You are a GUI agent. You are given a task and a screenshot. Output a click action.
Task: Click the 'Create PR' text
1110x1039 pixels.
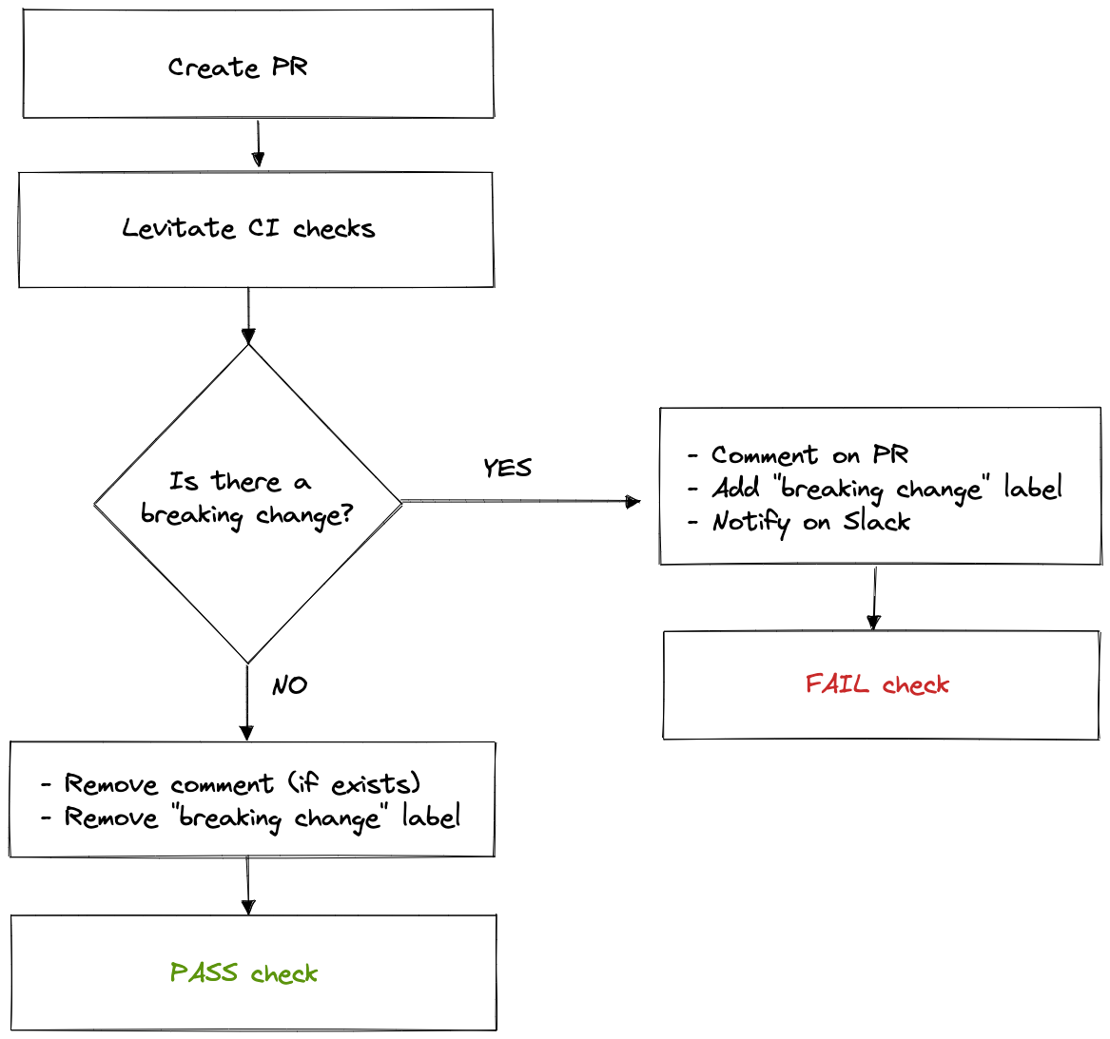pyautogui.click(x=238, y=67)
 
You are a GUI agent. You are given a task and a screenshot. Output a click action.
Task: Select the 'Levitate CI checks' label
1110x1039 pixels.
pyautogui.click(x=248, y=229)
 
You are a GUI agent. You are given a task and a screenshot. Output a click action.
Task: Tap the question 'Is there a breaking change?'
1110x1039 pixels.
pyautogui.click(x=246, y=499)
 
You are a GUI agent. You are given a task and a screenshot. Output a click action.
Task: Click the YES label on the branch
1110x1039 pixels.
pyautogui.click(x=507, y=468)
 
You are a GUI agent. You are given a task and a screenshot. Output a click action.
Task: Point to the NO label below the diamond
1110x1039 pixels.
pyautogui.click(x=289, y=685)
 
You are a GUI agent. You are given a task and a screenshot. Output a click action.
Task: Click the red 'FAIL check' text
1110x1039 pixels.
pyautogui.click(x=877, y=684)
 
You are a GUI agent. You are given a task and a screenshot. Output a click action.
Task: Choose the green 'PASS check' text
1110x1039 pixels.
pyautogui.click(x=243, y=973)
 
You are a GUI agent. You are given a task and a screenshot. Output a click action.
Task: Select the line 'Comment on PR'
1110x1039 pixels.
pyautogui.click(x=808, y=455)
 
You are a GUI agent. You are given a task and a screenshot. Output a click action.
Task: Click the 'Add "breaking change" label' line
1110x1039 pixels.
pyautogui.click(x=886, y=489)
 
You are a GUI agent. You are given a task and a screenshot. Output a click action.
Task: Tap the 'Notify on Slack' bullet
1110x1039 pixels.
pyautogui.click(x=810, y=522)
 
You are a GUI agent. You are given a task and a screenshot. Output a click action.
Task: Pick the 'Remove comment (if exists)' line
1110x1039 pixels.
pyautogui.click(x=242, y=784)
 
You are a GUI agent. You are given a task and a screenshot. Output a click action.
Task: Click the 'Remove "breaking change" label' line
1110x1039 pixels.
pyautogui.click(x=262, y=818)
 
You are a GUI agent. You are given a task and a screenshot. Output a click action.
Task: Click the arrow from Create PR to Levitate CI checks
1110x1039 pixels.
pyautogui.click(x=258, y=144)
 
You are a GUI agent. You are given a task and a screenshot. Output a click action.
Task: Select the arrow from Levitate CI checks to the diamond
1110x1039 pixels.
pyautogui.click(x=248, y=315)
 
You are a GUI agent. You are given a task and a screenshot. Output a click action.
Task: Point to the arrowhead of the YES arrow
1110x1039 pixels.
pyautogui.click(x=633, y=501)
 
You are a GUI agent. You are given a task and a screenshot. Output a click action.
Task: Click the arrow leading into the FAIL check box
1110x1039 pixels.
pyautogui.click(x=874, y=597)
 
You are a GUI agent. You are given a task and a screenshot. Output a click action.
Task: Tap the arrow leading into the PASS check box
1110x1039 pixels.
pyautogui.click(x=248, y=885)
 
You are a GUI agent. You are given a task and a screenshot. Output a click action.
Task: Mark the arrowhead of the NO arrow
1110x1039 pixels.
pyautogui.click(x=247, y=732)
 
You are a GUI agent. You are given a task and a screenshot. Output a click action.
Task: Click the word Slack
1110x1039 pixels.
pyautogui.click(x=876, y=522)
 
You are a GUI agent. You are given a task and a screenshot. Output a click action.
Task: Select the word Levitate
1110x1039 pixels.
pyautogui.click(x=178, y=229)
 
